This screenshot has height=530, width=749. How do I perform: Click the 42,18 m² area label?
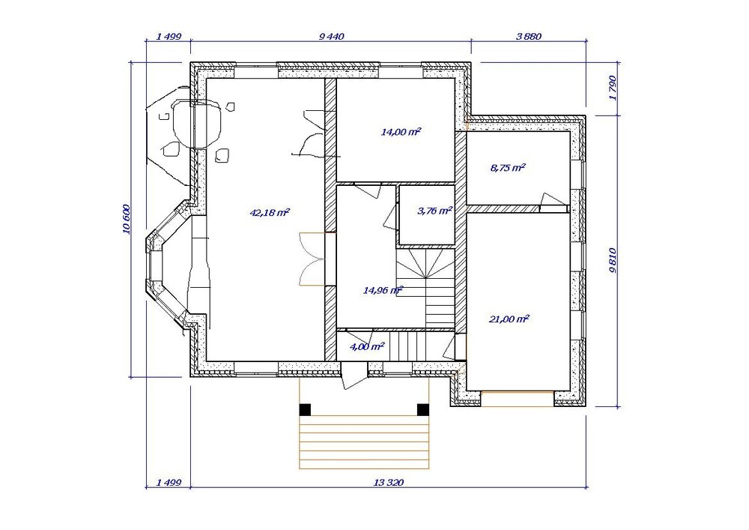click(x=270, y=212)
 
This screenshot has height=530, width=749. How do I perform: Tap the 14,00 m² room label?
click(x=401, y=132)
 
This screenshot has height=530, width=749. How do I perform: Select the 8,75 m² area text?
click(x=508, y=168)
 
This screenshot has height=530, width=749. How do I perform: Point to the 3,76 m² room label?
click(x=434, y=211)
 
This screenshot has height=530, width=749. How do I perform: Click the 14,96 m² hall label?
click(x=383, y=289)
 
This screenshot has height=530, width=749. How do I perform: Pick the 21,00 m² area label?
click(x=509, y=319)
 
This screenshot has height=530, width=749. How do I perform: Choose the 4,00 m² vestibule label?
click(x=367, y=346)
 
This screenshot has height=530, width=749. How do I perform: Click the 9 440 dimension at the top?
click(x=331, y=36)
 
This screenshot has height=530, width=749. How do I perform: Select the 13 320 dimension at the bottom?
click(x=388, y=483)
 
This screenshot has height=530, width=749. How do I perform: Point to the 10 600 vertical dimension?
click(x=127, y=220)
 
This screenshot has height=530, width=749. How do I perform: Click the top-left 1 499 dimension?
click(x=169, y=36)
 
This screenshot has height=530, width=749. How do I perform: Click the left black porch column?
click(x=305, y=409)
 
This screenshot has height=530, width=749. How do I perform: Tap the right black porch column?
click(x=422, y=409)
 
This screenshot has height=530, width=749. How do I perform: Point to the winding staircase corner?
click(x=424, y=271)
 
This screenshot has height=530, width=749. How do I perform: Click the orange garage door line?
click(x=518, y=391)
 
